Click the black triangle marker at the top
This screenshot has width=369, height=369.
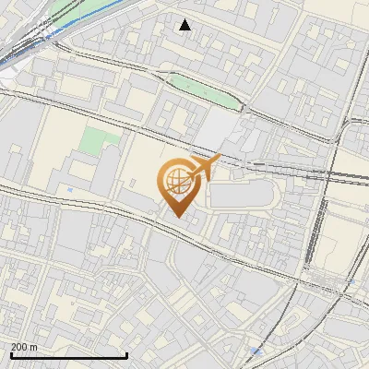(x=185, y=25)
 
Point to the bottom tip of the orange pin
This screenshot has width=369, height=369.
(x=176, y=217)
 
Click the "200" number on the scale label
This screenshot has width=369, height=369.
(x=18, y=347)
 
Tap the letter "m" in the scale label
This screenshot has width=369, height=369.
(x=34, y=347)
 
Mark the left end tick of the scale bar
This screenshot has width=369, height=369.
(x=11, y=355)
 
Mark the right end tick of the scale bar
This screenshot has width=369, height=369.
(x=126, y=355)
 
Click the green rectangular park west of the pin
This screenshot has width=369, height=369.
(x=98, y=141)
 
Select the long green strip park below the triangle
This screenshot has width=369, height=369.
(x=199, y=89)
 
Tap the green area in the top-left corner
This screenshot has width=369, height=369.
(x=69, y=11)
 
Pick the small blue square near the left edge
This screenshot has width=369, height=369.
(x=70, y=190)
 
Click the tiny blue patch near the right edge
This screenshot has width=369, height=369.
(x=351, y=280)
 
